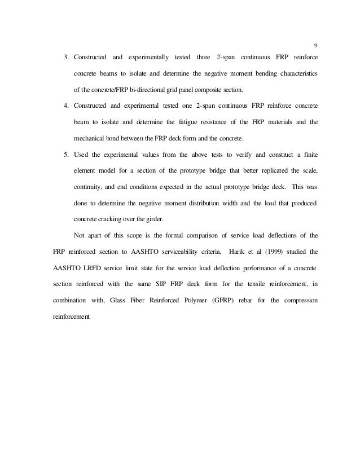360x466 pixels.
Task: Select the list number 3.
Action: pyautogui.click(x=65, y=58)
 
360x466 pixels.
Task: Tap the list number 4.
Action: pyautogui.click(x=65, y=106)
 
